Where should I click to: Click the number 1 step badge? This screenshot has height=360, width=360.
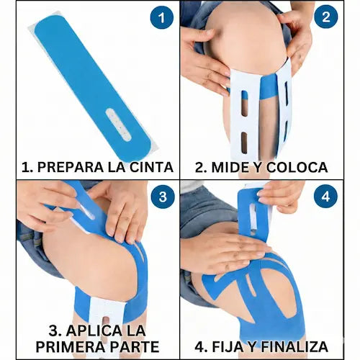click(x=162, y=17)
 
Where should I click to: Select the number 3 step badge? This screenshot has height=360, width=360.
click(x=163, y=197)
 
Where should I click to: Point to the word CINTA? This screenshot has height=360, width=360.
click(x=150, y=168)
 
